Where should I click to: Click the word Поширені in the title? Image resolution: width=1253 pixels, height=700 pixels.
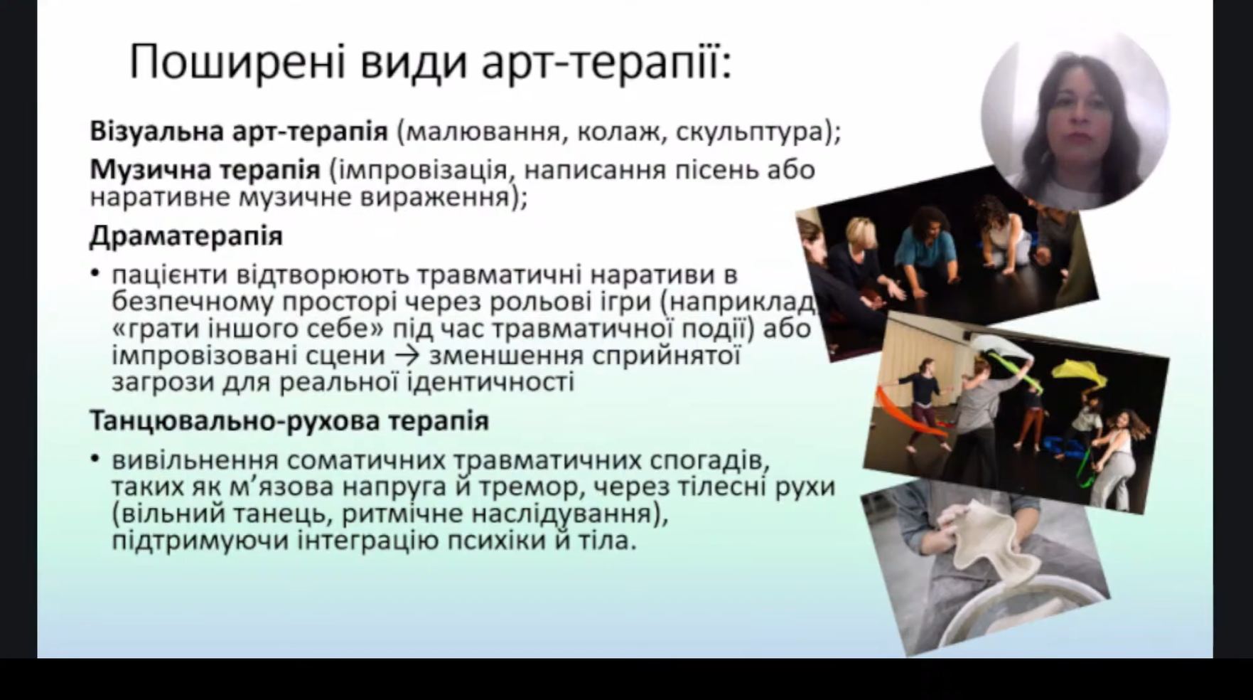click(x=237, y=63)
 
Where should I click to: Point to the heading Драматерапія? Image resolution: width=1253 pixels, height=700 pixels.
click(x=186, y=235)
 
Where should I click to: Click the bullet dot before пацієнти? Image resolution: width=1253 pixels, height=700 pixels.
click(x=95, y=274)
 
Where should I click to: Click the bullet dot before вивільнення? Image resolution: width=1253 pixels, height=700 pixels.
click(x=95, y=460)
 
